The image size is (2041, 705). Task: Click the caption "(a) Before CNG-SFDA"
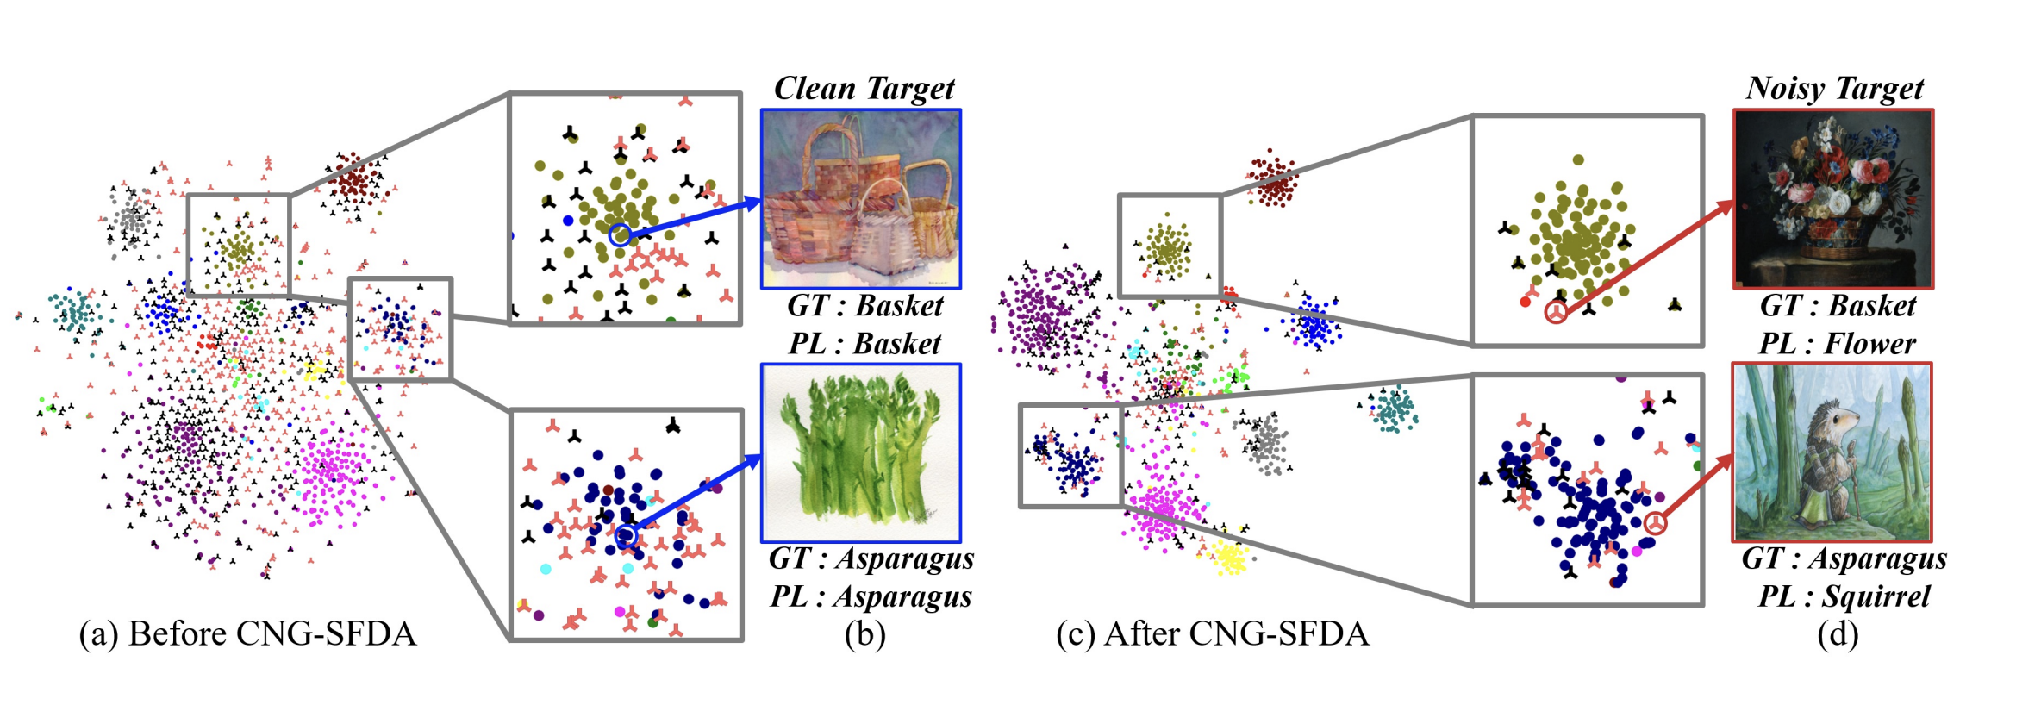pos(247,634)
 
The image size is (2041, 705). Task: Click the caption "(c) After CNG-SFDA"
pos(1212,634)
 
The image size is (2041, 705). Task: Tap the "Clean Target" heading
pos(864,88)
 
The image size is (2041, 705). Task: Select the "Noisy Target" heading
pos(1834,88)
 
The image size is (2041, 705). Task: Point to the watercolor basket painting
pos(860,199)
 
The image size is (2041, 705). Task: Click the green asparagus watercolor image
pos(860,453)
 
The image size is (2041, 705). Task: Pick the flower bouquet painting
pos(1833,199)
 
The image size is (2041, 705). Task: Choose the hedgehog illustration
pos(1832,452)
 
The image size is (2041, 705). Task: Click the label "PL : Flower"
pos(1837,344)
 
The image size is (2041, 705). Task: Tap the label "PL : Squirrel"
pos(1844,596)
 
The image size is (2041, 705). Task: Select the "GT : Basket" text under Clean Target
pos(864,306)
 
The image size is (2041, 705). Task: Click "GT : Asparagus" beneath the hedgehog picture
pos(1844,558)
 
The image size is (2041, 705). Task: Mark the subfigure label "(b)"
pos(864,634)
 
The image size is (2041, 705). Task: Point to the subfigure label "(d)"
pos(1838,634)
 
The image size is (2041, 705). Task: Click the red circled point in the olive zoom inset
pos(1556,313)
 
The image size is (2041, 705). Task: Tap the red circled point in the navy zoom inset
pos(1655,523)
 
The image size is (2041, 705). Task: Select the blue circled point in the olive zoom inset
pos(619,234)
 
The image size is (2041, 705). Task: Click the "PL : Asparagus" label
pos(871,596)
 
